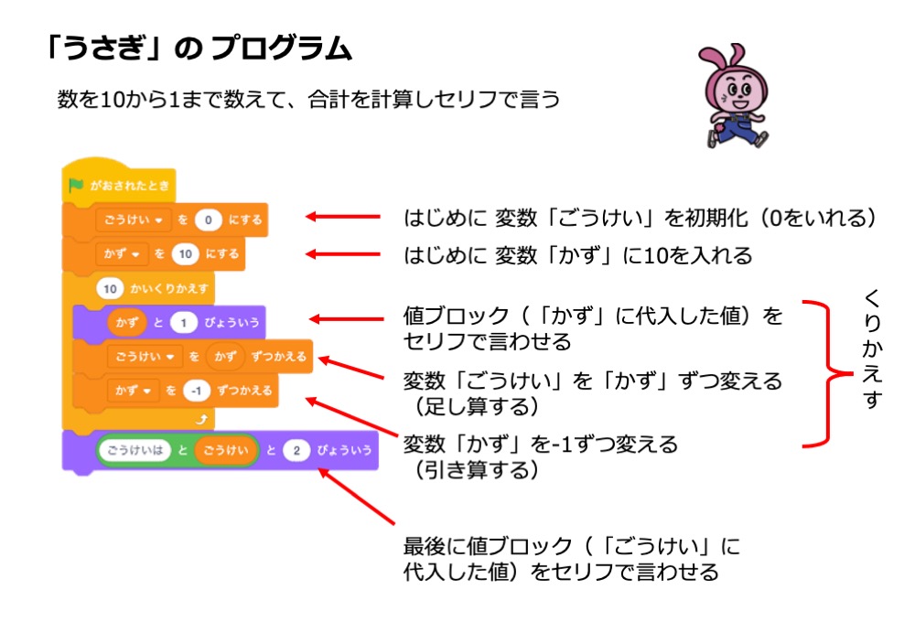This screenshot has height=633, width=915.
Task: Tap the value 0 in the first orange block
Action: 209,219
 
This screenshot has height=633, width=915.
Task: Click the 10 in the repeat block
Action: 110,288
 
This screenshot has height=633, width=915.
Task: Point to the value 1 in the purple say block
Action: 183,322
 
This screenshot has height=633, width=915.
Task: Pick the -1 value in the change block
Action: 197,391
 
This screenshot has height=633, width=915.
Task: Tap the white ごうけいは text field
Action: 132,450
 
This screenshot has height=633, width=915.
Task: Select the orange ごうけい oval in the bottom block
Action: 225,450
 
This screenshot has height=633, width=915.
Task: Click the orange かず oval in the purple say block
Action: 121,322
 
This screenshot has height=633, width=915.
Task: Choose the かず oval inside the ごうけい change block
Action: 224,356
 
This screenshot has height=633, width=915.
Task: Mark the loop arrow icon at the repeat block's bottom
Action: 203,418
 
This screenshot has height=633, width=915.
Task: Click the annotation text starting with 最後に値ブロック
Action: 572,560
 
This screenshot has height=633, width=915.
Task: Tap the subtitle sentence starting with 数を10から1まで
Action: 307,100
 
